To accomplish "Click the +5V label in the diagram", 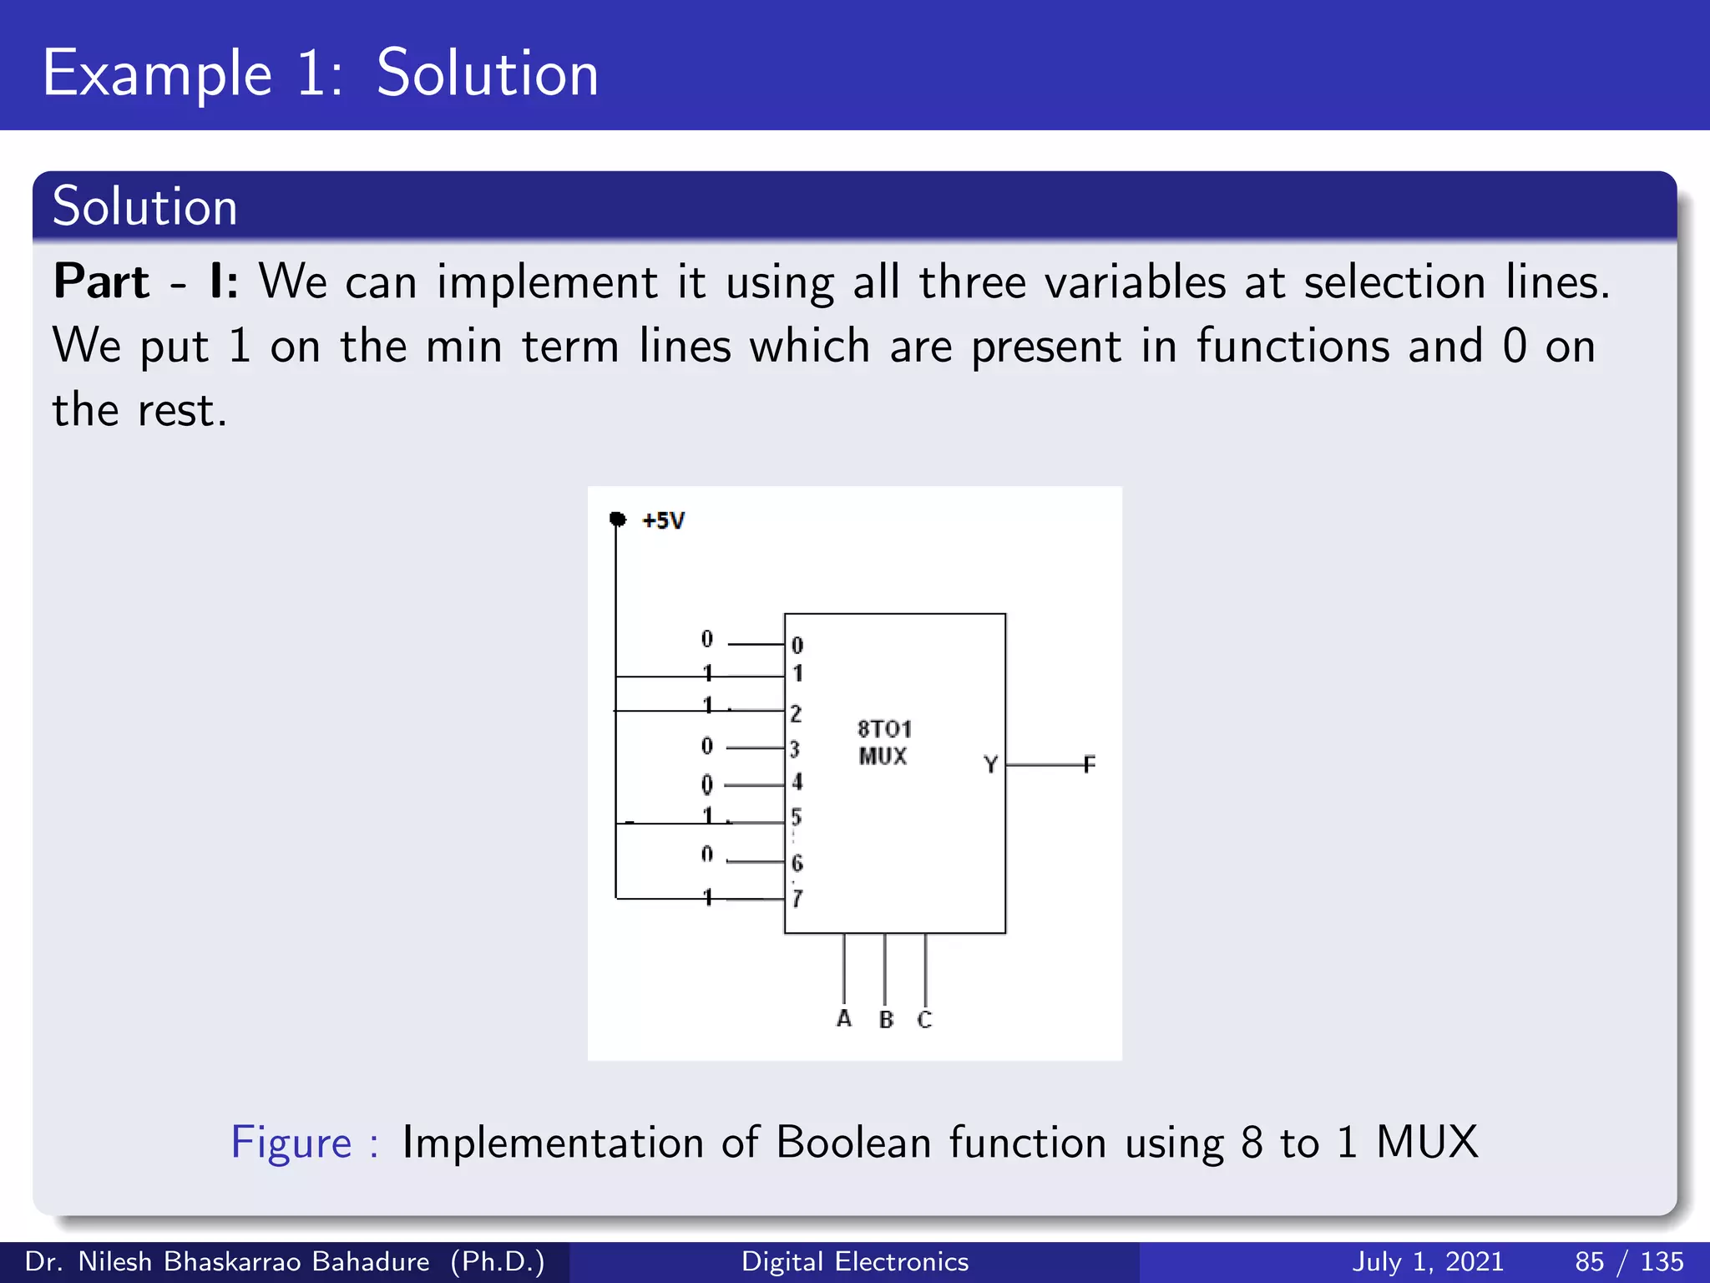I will point(663,521).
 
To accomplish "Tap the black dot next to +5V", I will point(618,520).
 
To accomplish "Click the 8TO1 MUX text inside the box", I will point(883,742).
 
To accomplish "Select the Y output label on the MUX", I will point(990,764).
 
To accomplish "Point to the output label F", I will point(1089,764).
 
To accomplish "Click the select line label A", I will point(844,1018).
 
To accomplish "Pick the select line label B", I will point(886,1020).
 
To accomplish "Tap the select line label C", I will point(924,1020).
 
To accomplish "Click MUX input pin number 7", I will point(797,899).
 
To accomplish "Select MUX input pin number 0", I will point(797,646).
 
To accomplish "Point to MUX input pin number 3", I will point(795,749).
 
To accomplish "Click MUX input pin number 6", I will point(797,863).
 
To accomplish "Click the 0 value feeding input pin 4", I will point(707,784).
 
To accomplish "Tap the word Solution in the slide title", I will point(487,74).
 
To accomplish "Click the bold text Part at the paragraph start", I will point(101,281).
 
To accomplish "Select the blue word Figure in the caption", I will point(291,1142).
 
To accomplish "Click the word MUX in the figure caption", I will point(1427,1142).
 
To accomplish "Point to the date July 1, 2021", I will point(1427,1261).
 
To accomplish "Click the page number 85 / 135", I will point(1628,1261).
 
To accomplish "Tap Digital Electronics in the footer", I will point(854,1261).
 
